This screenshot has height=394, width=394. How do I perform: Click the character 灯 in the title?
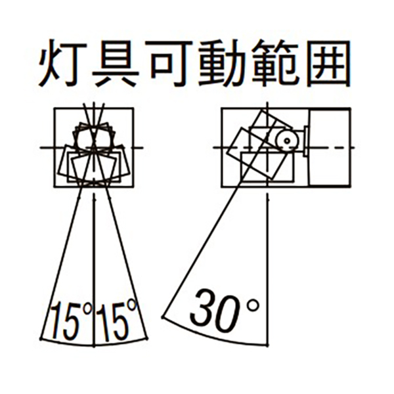click(63, 63)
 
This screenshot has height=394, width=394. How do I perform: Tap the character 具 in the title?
click(116, 63)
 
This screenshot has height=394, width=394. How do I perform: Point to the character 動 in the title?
click(222, 63)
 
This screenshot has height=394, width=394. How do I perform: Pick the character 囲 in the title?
click(326, 63)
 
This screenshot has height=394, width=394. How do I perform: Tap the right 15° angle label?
click(117, 320)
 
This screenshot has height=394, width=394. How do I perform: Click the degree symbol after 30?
click(252, 306)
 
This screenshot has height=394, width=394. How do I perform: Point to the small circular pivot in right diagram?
click(287, 141)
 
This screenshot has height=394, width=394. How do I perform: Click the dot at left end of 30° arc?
click(164, 317)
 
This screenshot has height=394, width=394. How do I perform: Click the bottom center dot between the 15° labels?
click(94, 347)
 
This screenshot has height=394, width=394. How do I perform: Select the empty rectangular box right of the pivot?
click(329, 148)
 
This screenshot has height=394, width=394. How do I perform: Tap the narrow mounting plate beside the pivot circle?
click(306, 141)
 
